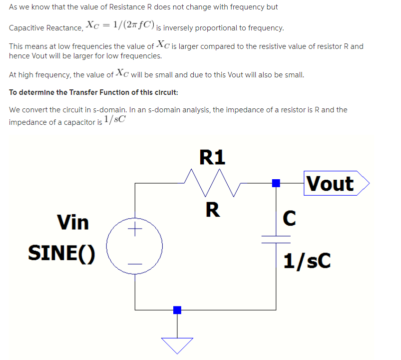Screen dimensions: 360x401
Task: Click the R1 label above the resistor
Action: (x=212, y=157)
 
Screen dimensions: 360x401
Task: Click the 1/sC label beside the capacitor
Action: (x=307, y=261)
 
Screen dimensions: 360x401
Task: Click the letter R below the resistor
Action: (x=212, y=210)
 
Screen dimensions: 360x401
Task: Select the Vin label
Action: (x=73, y=222)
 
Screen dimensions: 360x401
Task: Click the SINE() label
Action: (x=61, y=253)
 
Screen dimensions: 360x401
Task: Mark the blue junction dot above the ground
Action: (x=177, y=310)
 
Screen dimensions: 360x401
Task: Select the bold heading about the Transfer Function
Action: (x=93, y=92)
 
